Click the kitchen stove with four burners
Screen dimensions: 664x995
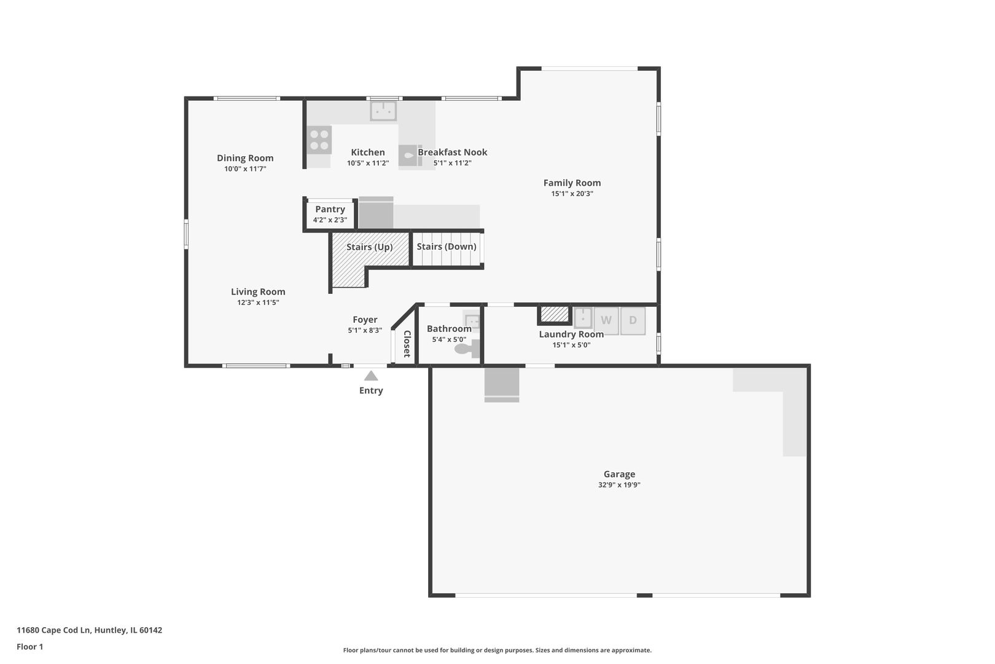pyautogui.click(x=319, y=140)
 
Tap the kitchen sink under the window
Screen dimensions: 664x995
pyautogui.click(x=383, y=111)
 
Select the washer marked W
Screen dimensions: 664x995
pyautogui.click(x=606, y=320)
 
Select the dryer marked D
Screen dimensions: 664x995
pyautogui.click(x=633, y=320)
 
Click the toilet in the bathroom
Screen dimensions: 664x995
pyautogui.click(x=467, y=349)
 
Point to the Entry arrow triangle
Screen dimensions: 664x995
pyautogui.click(x=371, y=376)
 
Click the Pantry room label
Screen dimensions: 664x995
pyautogui.click(x=330, y=209)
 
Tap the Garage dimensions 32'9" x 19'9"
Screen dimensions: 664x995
pyautogui.click(x=619, y=484)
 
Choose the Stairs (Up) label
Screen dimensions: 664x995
pyautogui.click(x=369, y=247)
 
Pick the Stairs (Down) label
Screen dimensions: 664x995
pyautogui.click(x=447, y=247)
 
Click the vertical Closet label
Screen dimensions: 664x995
pyautogui.click(x=407, y=344)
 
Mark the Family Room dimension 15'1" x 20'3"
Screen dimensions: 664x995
pyautogui.click(x=572, y=194)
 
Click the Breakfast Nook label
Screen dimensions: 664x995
pyautogui.click(x=453, y=152)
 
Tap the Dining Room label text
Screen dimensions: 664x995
pyautogui.click(x=245, y=158)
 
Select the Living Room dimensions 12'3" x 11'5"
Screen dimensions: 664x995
pyautogui.click(x=258, y=302)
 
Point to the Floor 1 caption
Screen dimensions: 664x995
pyautogui.click(x=29, y=646)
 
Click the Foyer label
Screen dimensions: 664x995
pyautogui.click(x=365, y=320)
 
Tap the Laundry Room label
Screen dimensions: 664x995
pyautogui.click(x=571, y=334)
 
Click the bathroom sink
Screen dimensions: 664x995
pyautogui.click(x=472, y=320)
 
